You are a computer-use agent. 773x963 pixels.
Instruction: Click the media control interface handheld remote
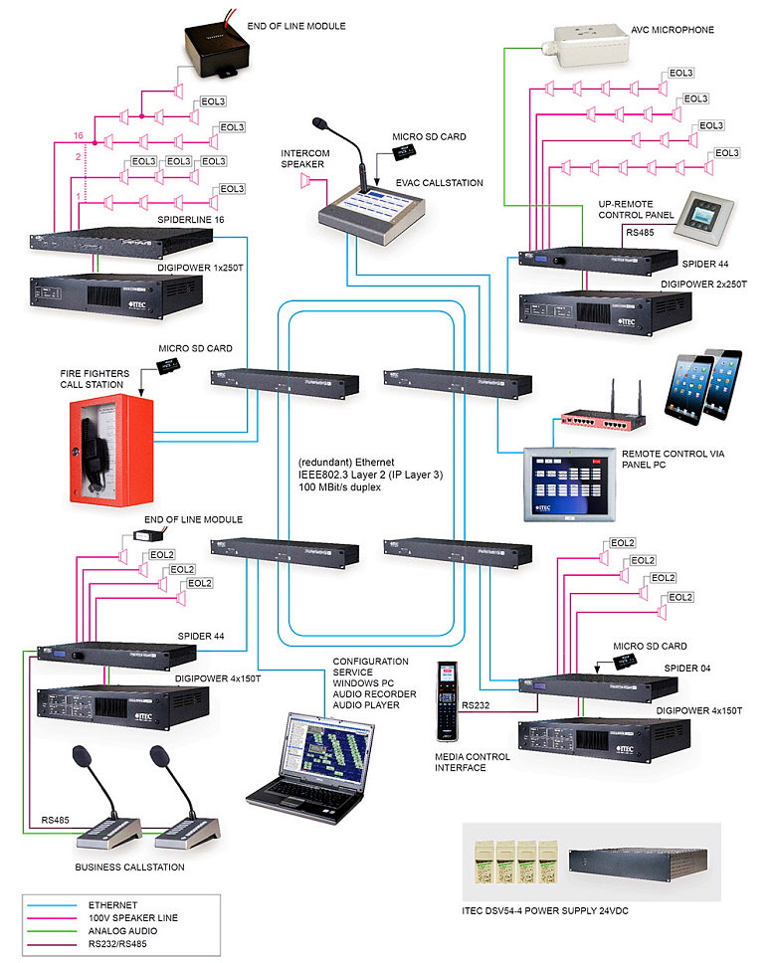click(x=447, y=701)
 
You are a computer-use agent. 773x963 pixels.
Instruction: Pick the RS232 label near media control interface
click(x=474, y=704)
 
